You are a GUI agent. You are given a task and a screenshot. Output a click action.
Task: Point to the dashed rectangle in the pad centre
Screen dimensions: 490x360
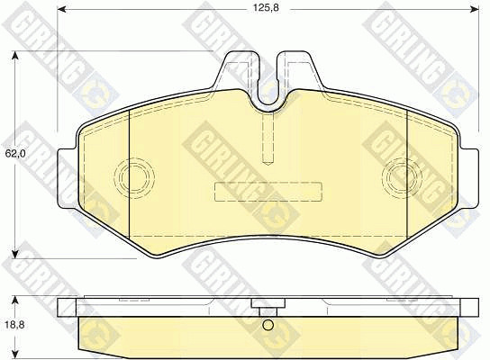(x=268, y=191)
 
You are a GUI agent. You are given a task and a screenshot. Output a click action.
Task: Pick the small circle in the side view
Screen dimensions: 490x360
(x=268, y=325)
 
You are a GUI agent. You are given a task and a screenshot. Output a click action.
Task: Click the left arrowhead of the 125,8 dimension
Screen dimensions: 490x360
(x=62, y=10)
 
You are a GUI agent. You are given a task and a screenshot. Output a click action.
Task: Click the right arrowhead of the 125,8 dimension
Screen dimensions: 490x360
(x=475, y=10)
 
